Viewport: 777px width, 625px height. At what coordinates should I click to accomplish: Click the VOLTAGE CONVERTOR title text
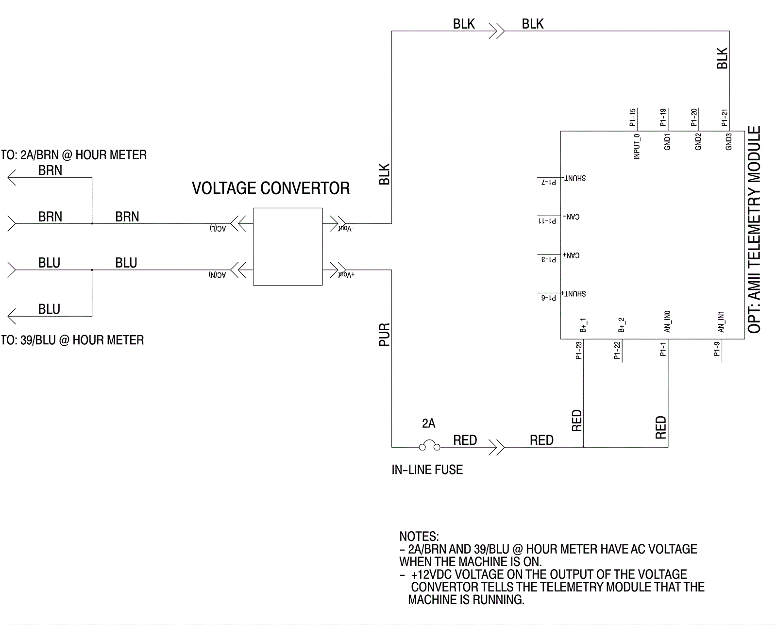270,188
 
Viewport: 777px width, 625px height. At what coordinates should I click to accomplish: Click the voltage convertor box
287,247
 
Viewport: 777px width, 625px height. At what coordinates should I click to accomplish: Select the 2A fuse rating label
428,423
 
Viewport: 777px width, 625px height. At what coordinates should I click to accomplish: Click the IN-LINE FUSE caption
427,470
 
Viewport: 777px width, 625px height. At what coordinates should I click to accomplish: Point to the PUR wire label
384,335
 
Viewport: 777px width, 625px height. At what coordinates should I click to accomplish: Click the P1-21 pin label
724,118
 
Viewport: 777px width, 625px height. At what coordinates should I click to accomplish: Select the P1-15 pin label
632,118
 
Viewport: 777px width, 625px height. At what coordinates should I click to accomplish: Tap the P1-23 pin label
578,350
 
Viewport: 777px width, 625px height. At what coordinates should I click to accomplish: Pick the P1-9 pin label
717,349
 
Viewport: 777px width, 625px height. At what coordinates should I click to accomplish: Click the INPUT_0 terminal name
637,147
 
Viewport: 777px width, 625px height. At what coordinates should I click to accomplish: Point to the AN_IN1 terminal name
721,322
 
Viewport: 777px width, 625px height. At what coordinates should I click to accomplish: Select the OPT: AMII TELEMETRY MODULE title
754,230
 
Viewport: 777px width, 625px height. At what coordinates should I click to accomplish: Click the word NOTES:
419,537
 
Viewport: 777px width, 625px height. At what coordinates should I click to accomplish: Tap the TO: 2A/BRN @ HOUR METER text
74,155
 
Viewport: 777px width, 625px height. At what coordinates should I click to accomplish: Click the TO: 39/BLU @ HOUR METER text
72,340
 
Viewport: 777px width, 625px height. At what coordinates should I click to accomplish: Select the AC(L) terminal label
218,228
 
